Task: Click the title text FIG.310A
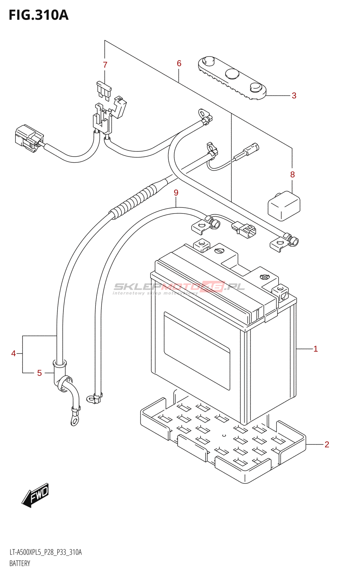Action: coord(39,15)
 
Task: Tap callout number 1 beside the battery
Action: coord(315,349)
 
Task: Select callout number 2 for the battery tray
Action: coord(327,445)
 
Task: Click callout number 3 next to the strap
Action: coord(294,96)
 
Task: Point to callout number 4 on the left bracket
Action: coord(13,354)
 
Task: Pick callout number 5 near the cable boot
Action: coord(40,373)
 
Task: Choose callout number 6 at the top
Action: coord(179,64)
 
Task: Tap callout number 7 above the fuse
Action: coord(105,65)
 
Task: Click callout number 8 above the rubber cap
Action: coord(292,175)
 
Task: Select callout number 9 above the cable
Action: coord(176,193)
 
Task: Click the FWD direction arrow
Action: coord(35,495)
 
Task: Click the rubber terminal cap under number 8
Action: coord(284,206)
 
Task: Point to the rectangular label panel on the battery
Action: coord(197,351)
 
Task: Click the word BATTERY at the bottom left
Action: coord(20,563)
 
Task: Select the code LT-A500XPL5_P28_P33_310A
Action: coord(46,552)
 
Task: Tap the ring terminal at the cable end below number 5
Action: coord(75,420)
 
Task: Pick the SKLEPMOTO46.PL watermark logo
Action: coord(179,287)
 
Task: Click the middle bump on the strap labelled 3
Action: coord(232,74)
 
